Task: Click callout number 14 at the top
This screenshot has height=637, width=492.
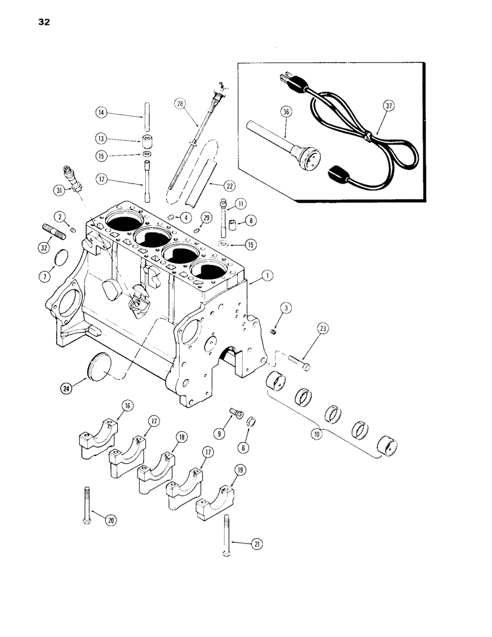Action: tap(101, 113)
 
